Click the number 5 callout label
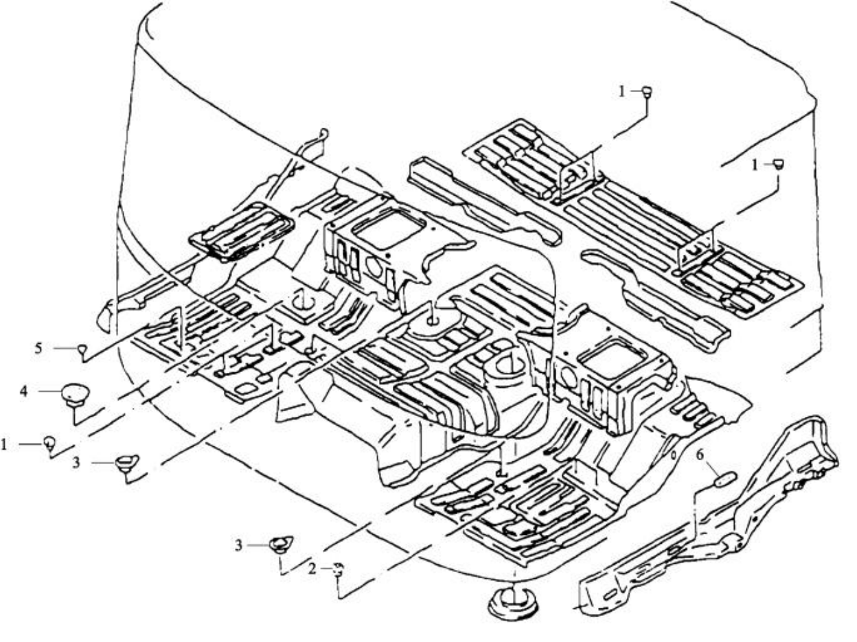click(38, 347)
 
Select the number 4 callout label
click(24, 391)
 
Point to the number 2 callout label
click(312, 569)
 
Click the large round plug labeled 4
click(76, 395)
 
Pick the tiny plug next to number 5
click(82, 349)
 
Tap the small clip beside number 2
click(339, 569)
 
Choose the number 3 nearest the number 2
click(238, 545)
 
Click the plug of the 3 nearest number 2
click(281, 544)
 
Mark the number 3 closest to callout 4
click(76, 463)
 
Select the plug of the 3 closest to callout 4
click(126, 463)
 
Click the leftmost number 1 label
click(4, 444)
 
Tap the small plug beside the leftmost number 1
click(49, 443)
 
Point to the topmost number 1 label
click(622, 92)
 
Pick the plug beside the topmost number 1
click(647, 92)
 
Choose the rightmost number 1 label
click(755, 165)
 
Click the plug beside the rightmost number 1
click(779, 164)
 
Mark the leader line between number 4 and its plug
click(50, 391)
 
